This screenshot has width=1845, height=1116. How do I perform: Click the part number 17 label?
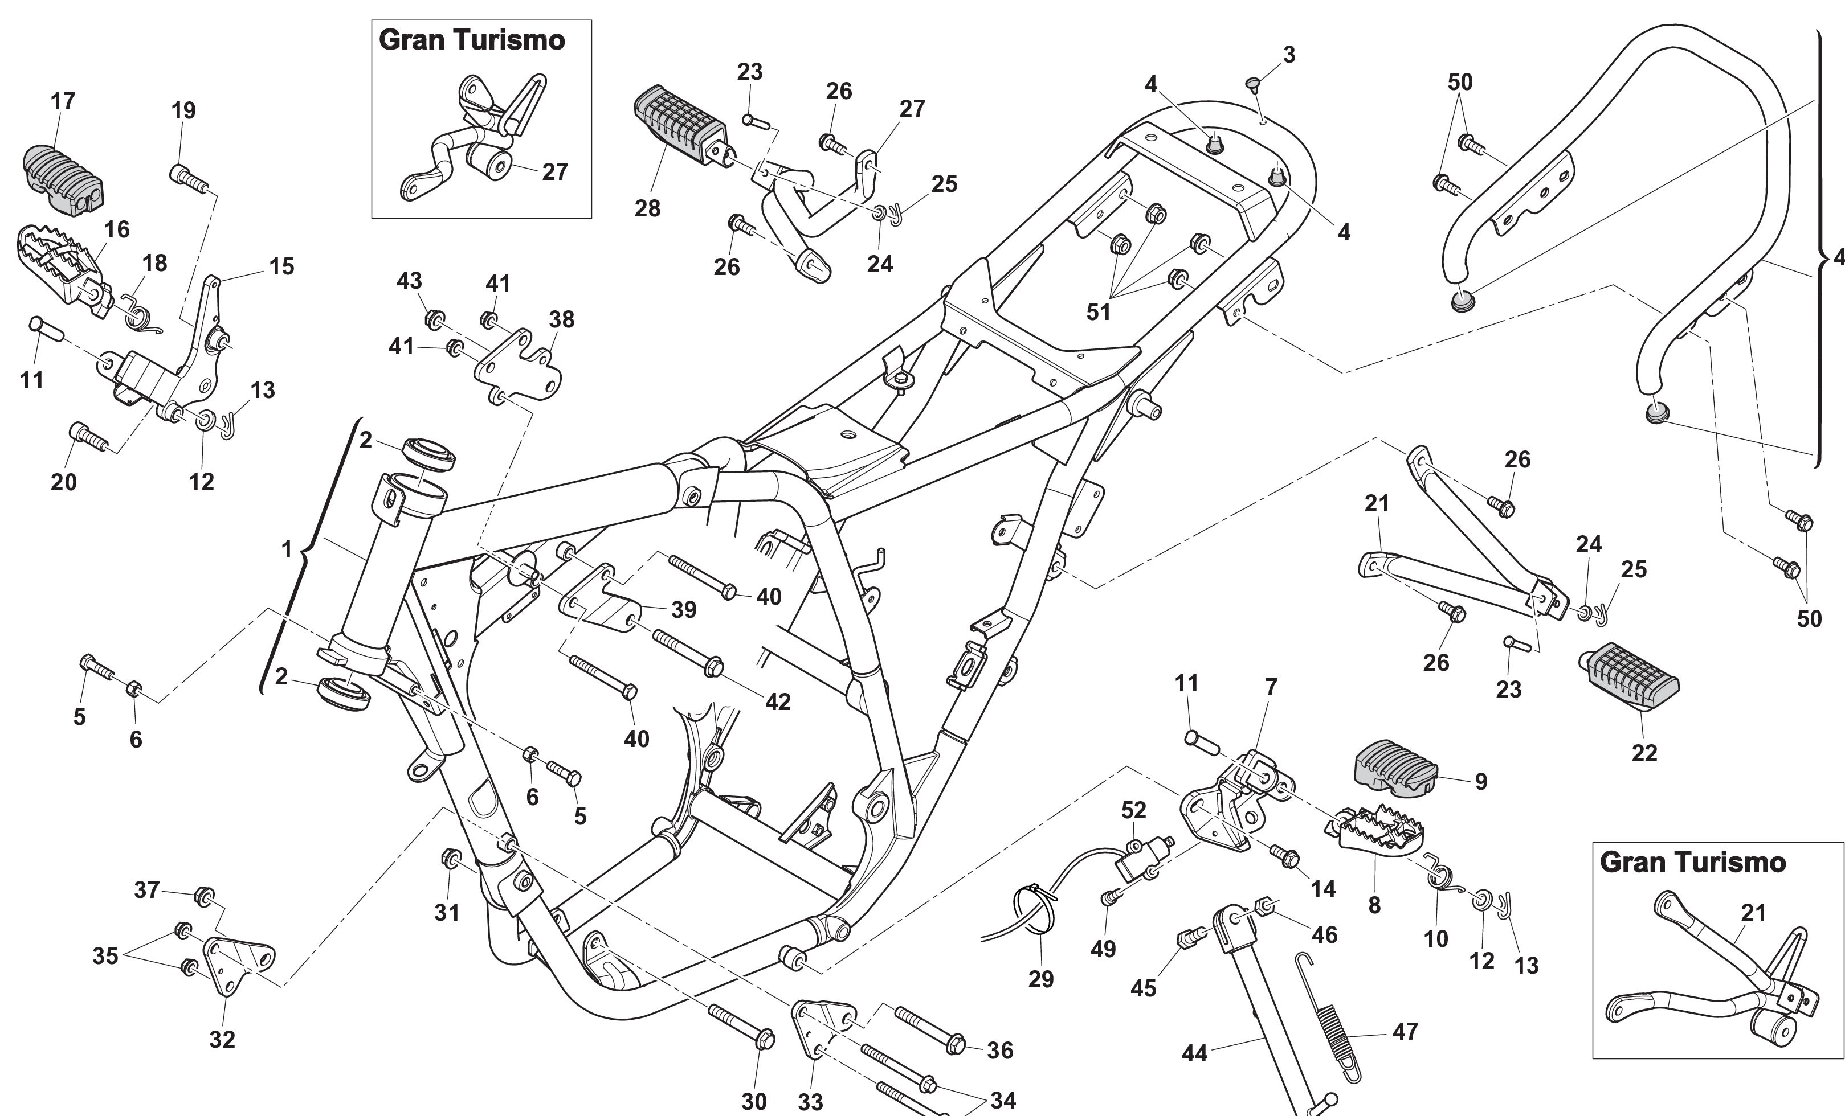pyautogui.click(x=63, y=101)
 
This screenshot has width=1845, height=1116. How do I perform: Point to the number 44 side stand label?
pyautogui.click(x=1194, y=1053)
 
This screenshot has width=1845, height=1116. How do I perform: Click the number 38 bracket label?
pyautogui.click(x=562, y=319)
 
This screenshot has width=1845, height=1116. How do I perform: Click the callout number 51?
pyautogui.click(x=1098, y=311)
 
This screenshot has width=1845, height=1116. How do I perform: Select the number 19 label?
pyautogui.click(x=183, y=111)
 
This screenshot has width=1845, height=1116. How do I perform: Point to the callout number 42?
pyautogui.click(x=778, y=701)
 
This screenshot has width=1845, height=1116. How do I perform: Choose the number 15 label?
pyautogui.click(x=281, y=266)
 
